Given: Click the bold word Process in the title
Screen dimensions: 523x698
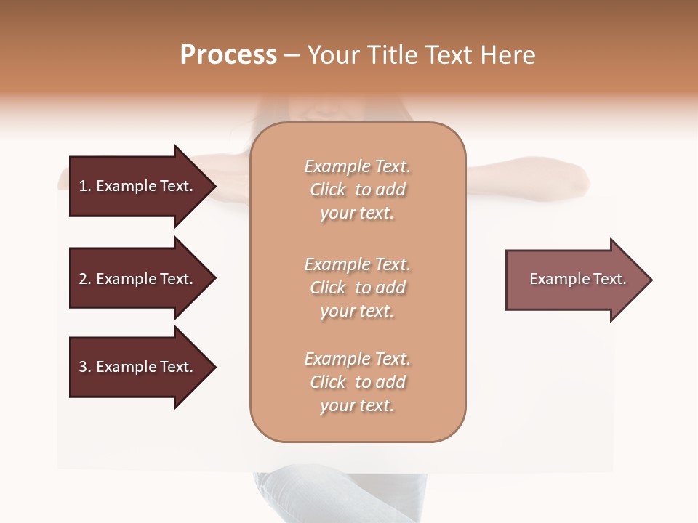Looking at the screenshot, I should [x=228, y=55].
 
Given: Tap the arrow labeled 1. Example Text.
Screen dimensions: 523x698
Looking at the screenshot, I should [x=138, y=186].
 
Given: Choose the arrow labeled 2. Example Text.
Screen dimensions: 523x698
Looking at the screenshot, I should [x=138, y=279].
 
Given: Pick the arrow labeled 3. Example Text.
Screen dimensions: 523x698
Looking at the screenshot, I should [x=138, y=367].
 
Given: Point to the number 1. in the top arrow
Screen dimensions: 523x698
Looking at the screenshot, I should [x=84, y=186].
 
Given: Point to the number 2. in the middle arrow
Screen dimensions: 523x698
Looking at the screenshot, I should [x=84, y=279].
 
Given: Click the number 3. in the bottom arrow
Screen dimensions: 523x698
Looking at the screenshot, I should [x=84, y=367].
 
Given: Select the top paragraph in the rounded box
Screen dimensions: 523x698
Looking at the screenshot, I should [x=357, y=190].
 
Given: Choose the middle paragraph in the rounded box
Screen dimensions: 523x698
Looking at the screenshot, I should [x=357, y=288].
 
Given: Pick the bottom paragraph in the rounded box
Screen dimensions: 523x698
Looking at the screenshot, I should [x=357, y=382].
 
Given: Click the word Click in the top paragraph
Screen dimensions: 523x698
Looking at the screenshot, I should [x=328, y=190].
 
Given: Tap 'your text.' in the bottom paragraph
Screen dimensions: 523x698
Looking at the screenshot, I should [x=357, y=405].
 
